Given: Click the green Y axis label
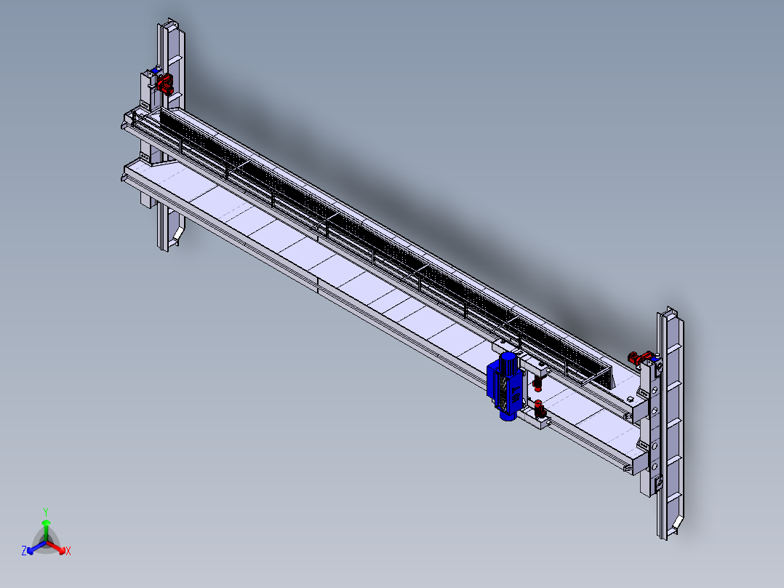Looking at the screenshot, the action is click(46, 512).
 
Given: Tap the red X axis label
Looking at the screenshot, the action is click(68, 551).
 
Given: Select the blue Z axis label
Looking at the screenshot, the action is click(24, 550).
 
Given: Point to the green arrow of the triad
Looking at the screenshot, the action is click(46, 530).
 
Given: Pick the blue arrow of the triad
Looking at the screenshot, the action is click(36, 547).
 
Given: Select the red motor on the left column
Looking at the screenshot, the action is click(165, 83).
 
